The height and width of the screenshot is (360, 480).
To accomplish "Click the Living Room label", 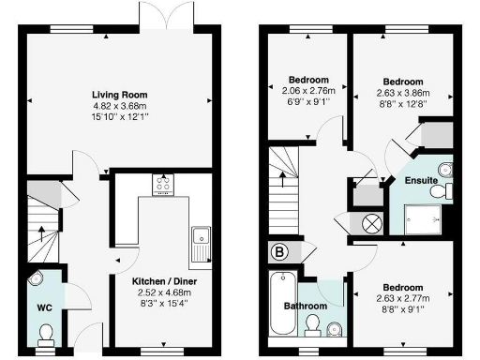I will pyautogui.click(x=123, y=95).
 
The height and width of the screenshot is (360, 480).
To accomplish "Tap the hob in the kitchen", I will pyautogui.click(x=161, y=184).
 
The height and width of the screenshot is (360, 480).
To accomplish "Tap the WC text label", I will pyautogui.click(x=44, y=307).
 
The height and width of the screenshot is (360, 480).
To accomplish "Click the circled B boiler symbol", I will pyautogui.click(x=280, y=251).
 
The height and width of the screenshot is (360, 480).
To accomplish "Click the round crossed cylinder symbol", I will pyautogui.click(x=370, y=223).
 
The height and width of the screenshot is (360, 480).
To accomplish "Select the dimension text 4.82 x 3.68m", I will pyautogui.click(x=123, y=106).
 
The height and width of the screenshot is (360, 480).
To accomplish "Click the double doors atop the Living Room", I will pyautogui.click(x=155, y=23).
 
